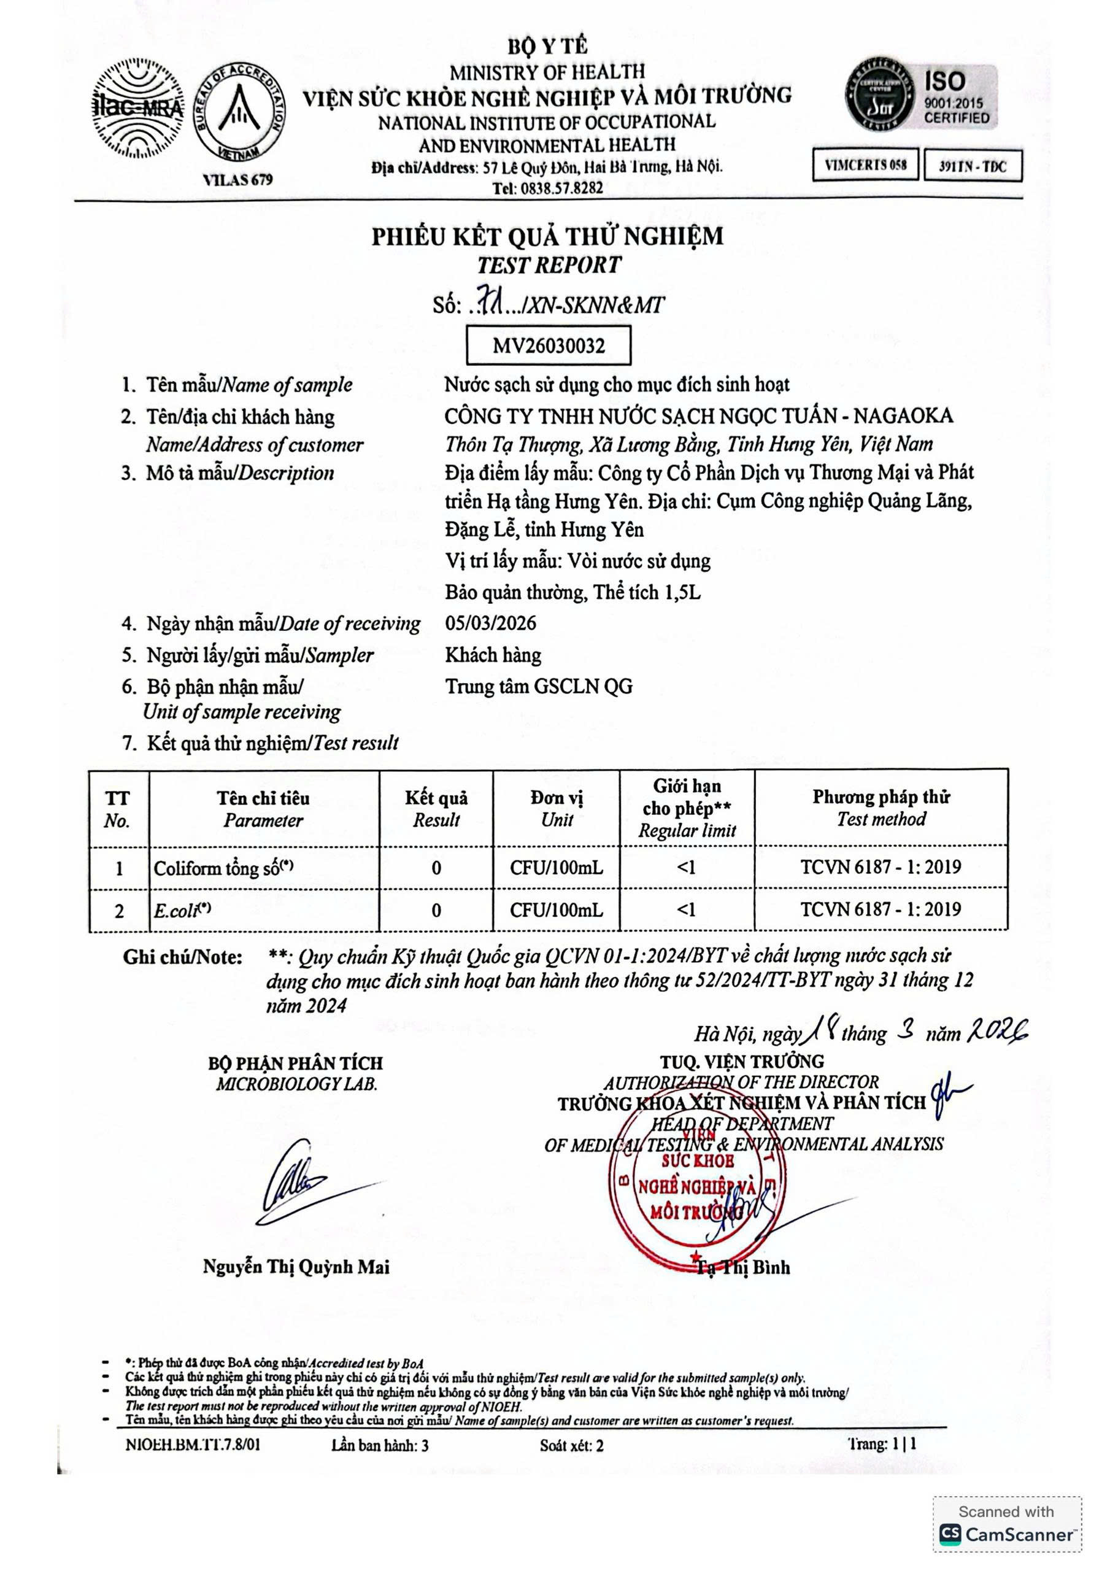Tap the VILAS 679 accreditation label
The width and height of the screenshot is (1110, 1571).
coord(237,179)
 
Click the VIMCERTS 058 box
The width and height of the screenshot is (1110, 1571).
coord(865,165)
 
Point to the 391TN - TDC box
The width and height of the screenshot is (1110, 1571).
coord(973,166)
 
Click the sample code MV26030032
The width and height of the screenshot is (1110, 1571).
coord(548,345)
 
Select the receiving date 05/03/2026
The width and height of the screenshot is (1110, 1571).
coord(491,623)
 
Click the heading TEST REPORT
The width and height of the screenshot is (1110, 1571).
coord(549,264)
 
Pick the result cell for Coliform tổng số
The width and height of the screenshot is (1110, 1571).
coord(436,868)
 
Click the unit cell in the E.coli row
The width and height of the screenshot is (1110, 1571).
coord(557,909)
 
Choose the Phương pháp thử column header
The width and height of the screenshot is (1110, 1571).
coord(881,808)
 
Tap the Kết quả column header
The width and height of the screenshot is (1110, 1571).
coord(436,808)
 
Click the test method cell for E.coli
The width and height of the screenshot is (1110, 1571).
coord(881,909)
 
